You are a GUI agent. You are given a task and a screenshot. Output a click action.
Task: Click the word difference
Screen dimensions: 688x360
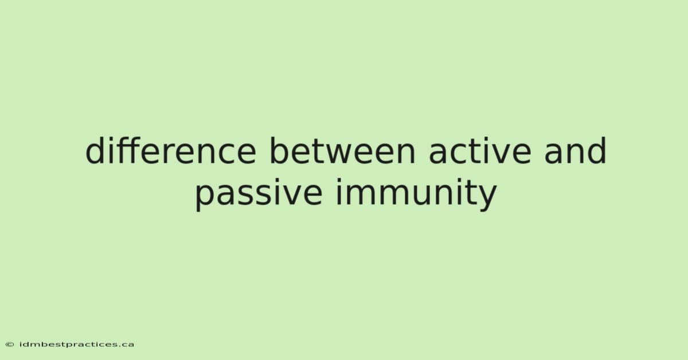point(171,151)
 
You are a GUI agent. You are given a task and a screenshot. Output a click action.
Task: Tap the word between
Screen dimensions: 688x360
point(342,151)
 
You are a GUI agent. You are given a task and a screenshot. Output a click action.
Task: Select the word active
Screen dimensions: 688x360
point(480,151)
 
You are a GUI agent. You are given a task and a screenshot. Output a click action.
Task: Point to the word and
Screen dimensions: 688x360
point(575,151)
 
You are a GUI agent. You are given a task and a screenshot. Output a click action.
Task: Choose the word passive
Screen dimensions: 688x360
point(259,193)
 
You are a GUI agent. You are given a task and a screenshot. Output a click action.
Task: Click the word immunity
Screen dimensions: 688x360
point(416,193)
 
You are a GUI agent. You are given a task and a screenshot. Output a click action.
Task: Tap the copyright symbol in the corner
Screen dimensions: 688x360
point(10,345)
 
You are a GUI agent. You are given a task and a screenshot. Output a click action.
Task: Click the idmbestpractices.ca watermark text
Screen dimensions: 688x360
point(77,345)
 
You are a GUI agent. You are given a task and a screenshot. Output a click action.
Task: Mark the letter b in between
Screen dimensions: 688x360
point(279,151)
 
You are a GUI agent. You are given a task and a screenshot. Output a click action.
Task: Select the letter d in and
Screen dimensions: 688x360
point(597,151)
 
